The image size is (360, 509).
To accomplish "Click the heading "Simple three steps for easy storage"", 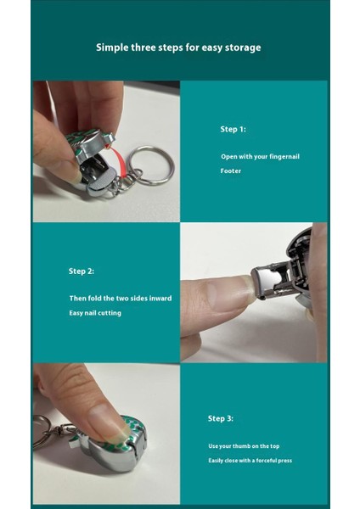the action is [178, 48].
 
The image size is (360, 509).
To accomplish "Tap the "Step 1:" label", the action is [233, 129].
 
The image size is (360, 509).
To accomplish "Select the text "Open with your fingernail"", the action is [260, 156].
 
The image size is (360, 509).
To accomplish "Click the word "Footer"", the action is [231, 171].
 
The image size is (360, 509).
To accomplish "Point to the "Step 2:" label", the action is [82, 271].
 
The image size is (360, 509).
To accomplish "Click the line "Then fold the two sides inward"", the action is [121, 298].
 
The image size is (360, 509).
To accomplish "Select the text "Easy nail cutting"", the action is [95, 313].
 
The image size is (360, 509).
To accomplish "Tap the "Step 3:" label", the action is [221, 418].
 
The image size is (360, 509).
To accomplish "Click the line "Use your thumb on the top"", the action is [244, 446].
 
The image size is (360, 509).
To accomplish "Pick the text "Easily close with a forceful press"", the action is [250, 461].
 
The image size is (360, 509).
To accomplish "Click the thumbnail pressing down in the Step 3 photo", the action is [107, 422].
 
